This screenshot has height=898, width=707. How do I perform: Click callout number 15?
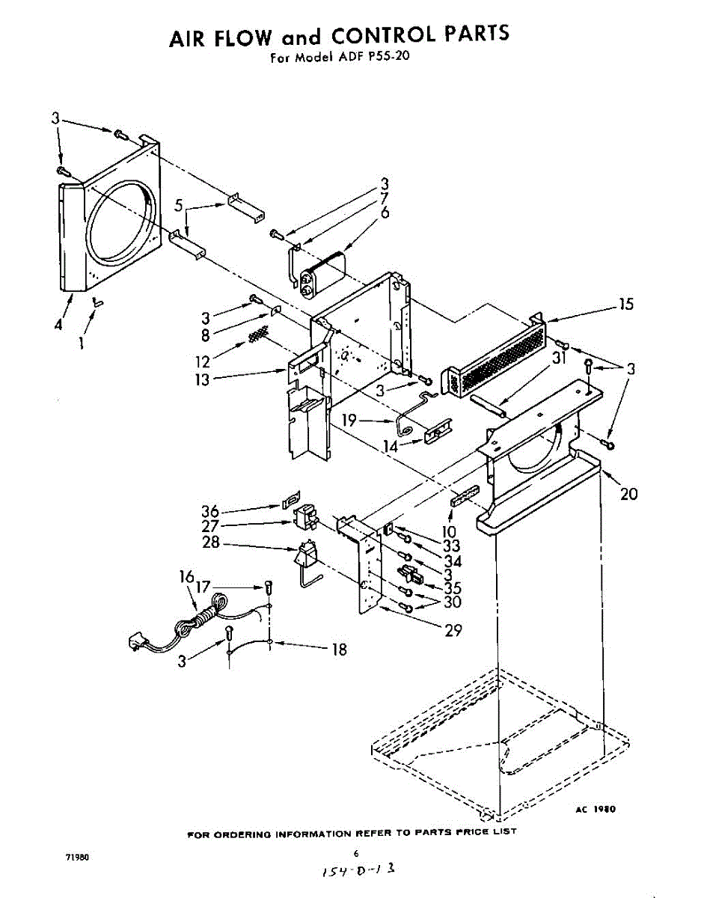tap(625, 305)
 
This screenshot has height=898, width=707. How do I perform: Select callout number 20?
tap(629, 493)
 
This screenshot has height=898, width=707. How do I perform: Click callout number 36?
tap(210, 512)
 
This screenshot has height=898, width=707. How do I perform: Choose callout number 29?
tap(453, 630)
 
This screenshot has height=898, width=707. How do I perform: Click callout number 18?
tap(339, 650)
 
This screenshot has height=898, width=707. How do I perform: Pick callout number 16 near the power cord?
tap(186, 576)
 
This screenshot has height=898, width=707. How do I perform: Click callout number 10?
tap(450, 532)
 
